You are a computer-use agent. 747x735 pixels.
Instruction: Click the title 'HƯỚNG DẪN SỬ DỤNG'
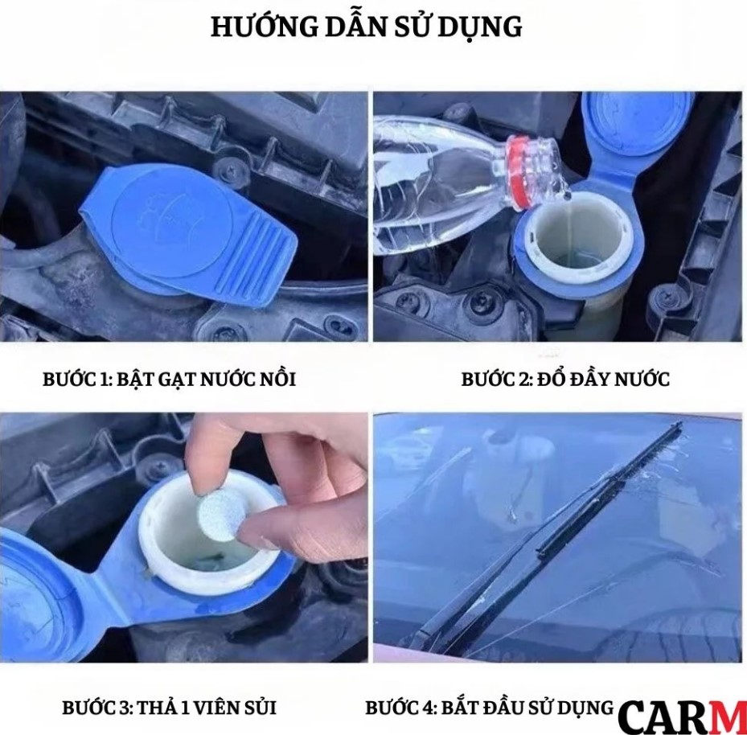[367, 27]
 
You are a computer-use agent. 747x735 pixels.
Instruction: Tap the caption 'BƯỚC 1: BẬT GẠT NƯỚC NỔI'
[169, 379]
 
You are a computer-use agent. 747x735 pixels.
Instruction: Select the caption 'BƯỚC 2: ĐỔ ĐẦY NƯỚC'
[564, 379]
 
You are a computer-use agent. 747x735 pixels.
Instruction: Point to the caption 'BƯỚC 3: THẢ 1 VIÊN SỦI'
[169, 708]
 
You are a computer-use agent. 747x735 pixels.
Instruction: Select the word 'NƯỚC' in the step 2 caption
[642, 379]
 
